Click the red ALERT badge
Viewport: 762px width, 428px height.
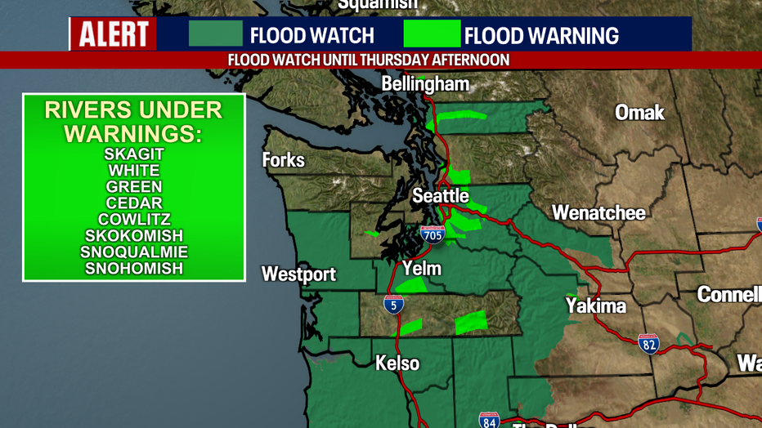[114, 34]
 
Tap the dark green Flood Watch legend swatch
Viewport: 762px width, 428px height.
[216, 34]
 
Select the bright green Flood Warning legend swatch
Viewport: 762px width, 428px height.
[432, 34]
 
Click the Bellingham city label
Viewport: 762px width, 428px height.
[426, 84]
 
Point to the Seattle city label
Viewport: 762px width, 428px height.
[440, 196]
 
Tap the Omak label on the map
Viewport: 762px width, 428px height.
[639, 113]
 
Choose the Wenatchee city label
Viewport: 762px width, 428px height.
[598, 213]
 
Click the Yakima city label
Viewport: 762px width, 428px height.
[595, 306]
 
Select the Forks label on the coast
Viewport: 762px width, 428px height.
[283, 160]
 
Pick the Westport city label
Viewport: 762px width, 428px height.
[298, 274]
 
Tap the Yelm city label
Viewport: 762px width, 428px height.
[422, 269]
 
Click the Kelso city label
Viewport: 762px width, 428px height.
[397, 363]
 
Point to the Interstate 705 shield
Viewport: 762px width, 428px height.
[433, 235]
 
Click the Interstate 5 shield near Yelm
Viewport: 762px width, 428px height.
[393, 305]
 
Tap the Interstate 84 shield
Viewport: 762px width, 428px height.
[489, 420]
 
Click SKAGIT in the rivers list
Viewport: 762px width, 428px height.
[134, 154]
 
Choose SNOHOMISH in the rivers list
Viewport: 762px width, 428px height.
[134, 268]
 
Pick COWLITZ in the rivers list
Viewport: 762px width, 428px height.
[134, 219]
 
